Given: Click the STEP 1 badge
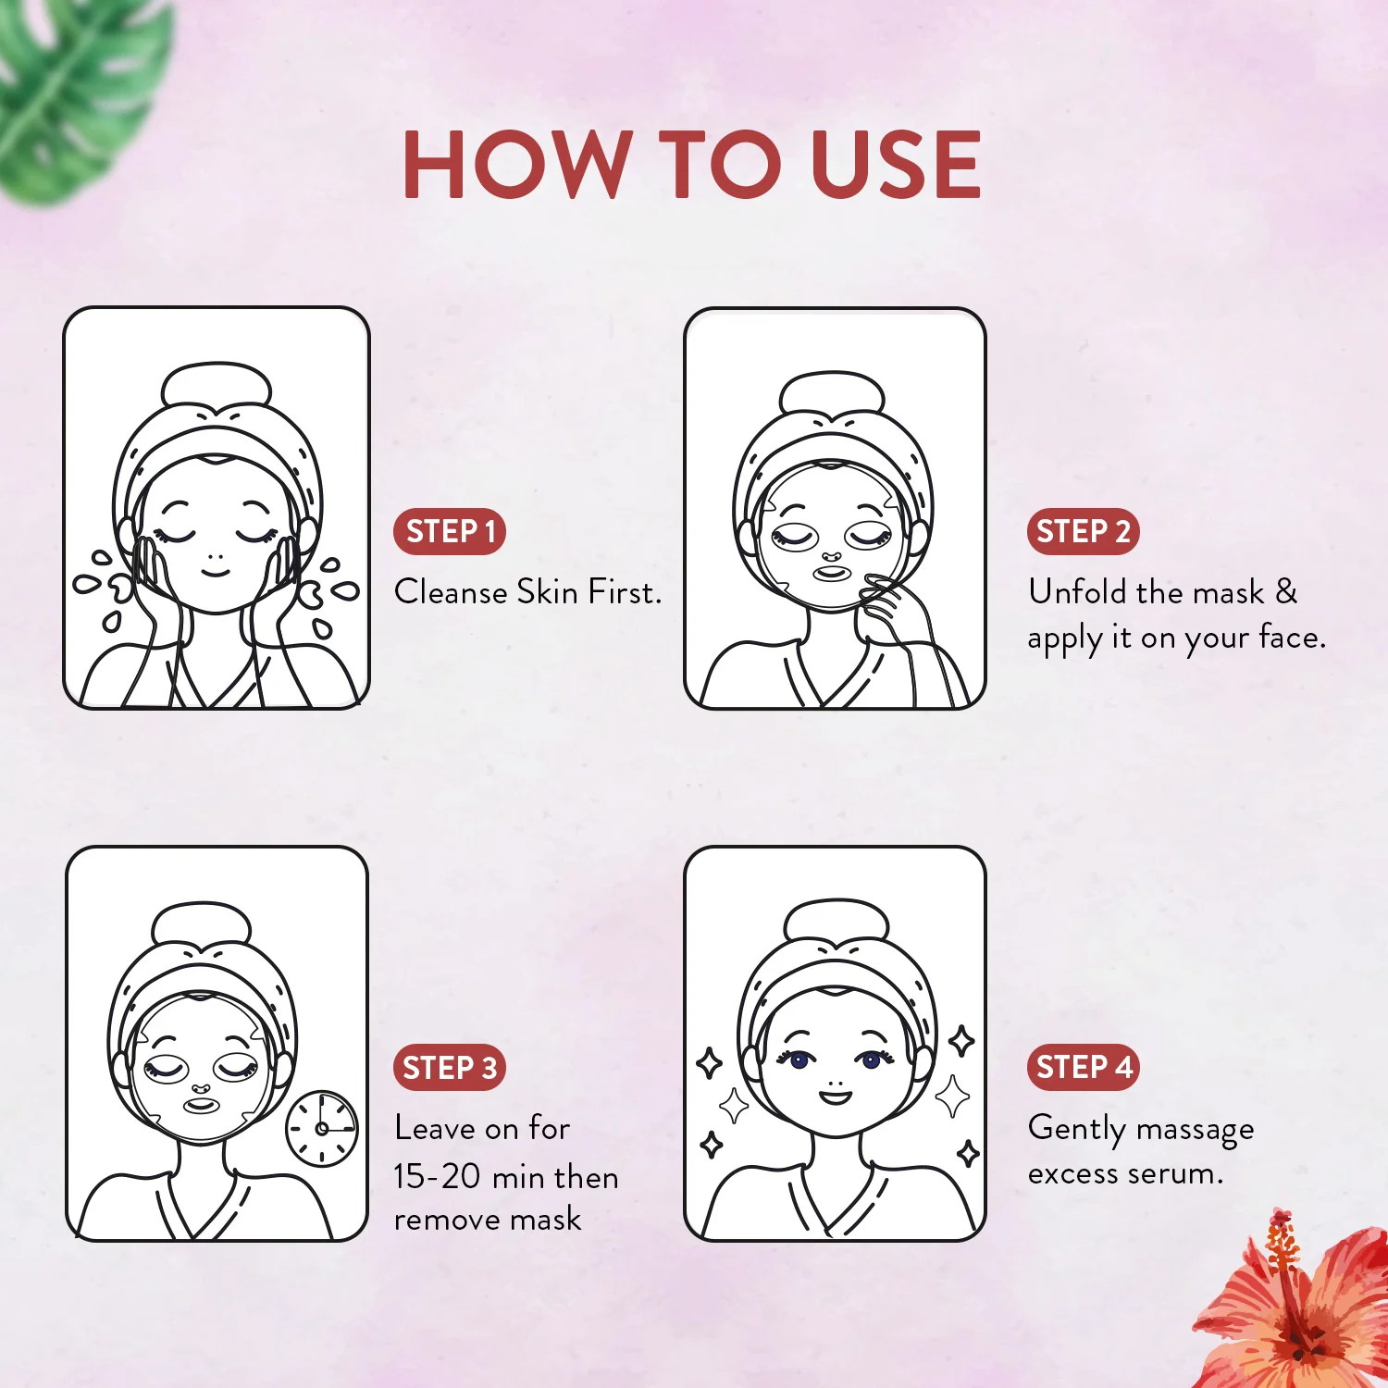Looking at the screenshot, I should click(450, 532).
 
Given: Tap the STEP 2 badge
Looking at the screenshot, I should click(1083, 532).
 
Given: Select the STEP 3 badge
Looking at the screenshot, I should click(450, 1068).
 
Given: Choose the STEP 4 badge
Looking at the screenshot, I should click(1083, 1067).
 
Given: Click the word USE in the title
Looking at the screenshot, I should click(895, 165).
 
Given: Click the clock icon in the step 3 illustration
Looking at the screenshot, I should click(322, 1128).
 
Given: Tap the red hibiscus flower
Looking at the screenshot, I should click(1305, 1305).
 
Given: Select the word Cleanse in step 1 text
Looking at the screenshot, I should click(451, 592).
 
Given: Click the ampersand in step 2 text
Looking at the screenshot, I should click(1286, 592).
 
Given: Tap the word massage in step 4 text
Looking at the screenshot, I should click(1195, 1130).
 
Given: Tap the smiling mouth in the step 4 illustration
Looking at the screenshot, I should click(835, 1097).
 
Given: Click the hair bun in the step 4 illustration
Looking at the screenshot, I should click(836, 920).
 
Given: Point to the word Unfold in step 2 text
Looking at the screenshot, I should click(1078, 592).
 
